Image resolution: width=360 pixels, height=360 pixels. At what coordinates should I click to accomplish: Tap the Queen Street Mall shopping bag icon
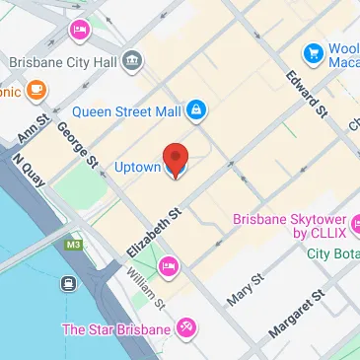[195, 108]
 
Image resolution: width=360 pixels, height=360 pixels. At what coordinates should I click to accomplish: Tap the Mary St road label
[244, 285]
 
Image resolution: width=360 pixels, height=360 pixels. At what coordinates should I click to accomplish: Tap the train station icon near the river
[70, 284]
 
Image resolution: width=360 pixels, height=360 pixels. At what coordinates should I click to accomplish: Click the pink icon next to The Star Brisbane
[184, 329]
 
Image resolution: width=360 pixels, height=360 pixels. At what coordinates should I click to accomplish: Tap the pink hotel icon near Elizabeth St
[169, 264]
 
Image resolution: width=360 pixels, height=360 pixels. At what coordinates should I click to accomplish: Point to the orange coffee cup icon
[36, 92]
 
